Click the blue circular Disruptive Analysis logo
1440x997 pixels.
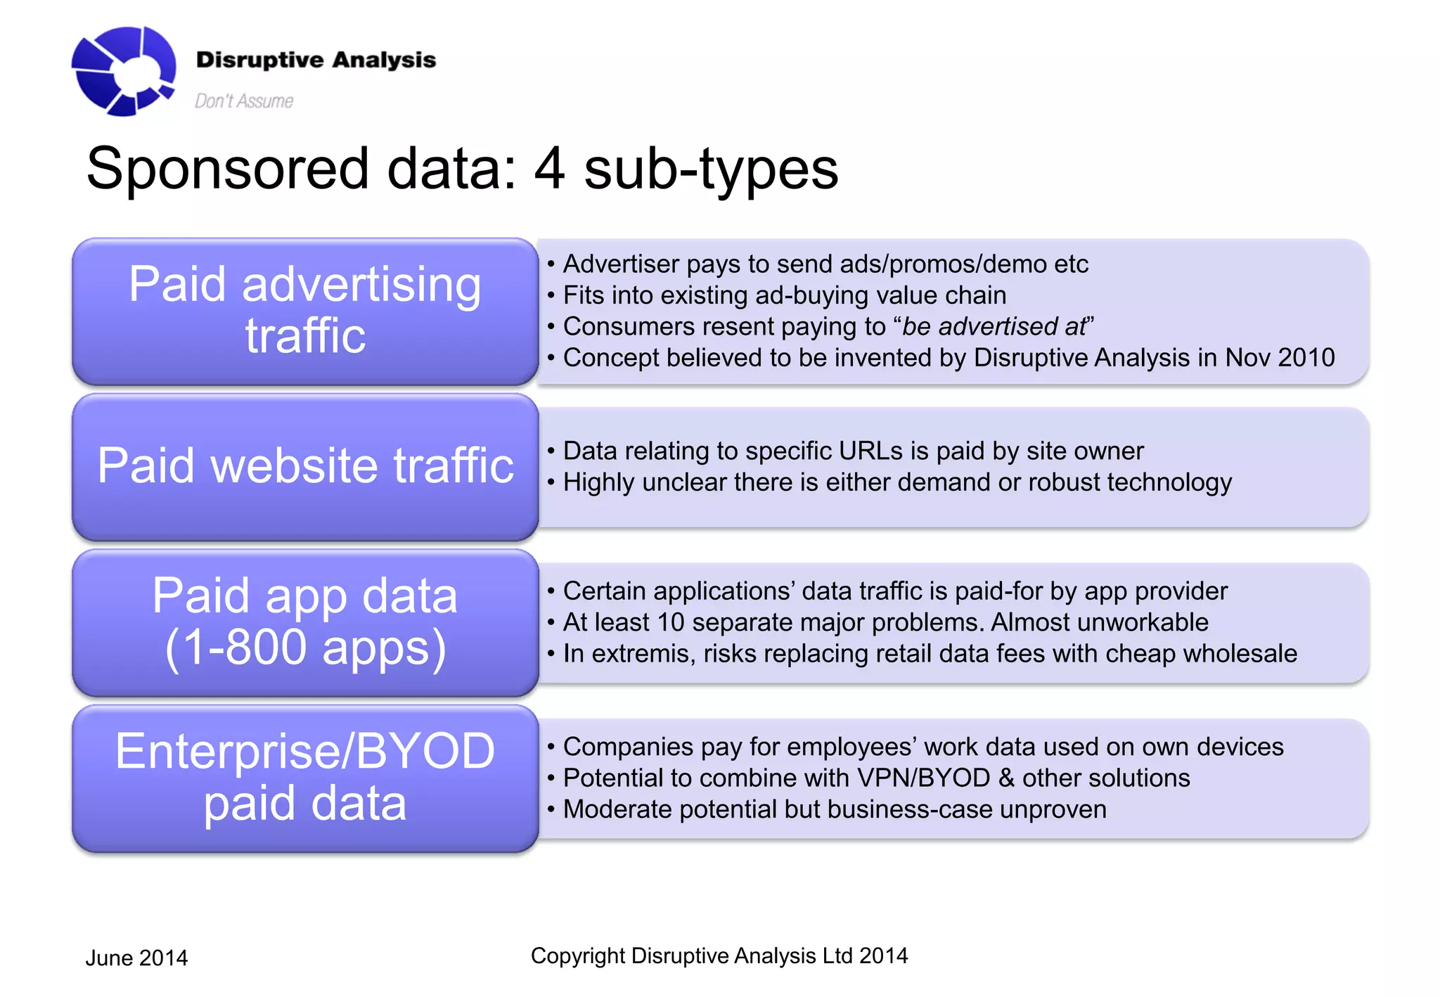(x=124, y=71)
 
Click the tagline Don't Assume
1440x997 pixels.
(x=243, y=101)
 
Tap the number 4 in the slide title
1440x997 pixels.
(x=549, y=169)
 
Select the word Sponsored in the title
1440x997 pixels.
(x=227, y=169)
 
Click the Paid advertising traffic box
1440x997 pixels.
(x=304, y=311)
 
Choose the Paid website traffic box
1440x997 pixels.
(x=304, y=466)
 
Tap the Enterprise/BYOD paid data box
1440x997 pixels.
(x=304, y=778)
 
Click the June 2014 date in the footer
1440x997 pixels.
(x=136, y=958)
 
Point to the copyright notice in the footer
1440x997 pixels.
(x=719, y=956)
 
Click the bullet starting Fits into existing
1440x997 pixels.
(x=784, y=295)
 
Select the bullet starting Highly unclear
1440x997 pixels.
(x=896, y=482)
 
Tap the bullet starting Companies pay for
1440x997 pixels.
(x=922, y=747)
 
